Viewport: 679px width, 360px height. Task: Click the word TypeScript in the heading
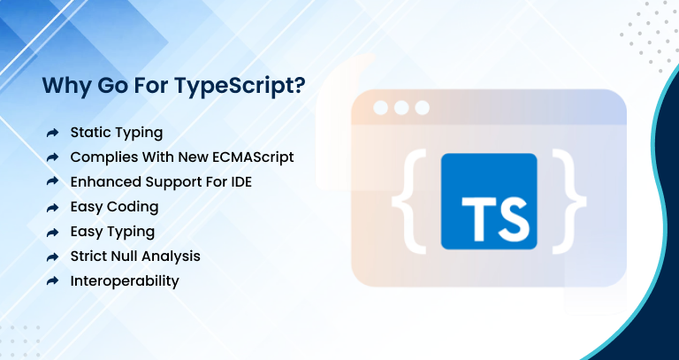point(233,87)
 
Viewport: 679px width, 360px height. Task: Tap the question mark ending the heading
point(299,85)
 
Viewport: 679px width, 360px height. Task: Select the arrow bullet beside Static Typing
point(52,133)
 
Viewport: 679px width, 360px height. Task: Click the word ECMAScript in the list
point(254,157)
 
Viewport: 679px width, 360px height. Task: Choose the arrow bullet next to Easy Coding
point(52,208)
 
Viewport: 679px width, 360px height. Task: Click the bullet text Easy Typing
point(112,233)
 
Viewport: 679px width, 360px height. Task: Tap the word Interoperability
point(125,281)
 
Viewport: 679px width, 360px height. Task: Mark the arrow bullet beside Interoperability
point(52,281)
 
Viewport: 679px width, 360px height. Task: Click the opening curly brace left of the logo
point(409,202)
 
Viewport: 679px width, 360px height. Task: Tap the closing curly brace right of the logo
point(569,202)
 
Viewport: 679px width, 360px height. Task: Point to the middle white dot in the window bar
point(401,108)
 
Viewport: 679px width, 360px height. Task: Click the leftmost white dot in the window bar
point(381,108)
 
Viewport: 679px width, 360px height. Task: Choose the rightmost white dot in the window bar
point(423,108)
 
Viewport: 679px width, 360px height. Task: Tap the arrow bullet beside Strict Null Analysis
point(52,257)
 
